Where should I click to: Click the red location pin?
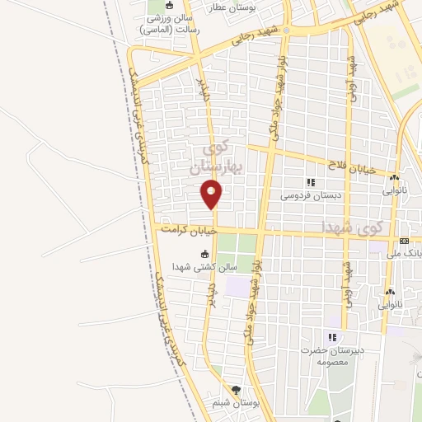tap(212, 195)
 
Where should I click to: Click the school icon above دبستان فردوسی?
tap(311, 183)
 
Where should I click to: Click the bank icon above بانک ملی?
tap(404, 241)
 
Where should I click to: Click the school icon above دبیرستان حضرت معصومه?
tap(332, 337)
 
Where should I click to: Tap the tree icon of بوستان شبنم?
tap(237, 390)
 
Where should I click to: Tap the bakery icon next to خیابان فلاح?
tap(394, 177)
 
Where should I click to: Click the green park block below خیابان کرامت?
tap(237, 245)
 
